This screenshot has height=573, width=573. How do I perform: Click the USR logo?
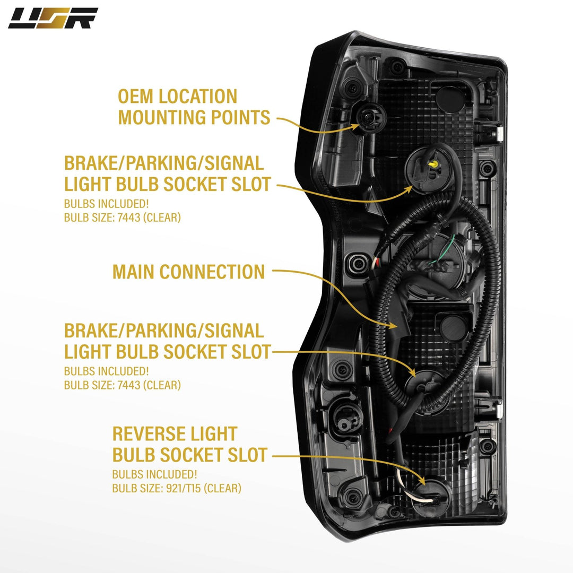point(53,18)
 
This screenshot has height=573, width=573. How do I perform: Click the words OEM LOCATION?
point(177,97)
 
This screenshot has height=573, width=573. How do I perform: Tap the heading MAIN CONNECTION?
point(188,272)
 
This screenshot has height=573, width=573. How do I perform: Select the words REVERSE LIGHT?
point(175,433)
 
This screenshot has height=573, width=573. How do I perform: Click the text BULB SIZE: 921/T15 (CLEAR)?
point(177,488)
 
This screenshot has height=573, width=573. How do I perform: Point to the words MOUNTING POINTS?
point(194,117)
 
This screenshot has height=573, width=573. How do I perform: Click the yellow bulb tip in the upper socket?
point(433,166)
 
